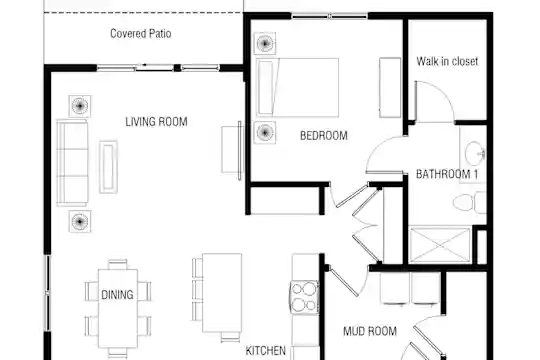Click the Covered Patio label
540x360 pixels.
click(x=141, y=33)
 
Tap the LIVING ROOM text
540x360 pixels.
click(x=156, y=122)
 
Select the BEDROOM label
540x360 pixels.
click(x=324, y=136)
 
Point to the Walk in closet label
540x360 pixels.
click(x=447, y=61)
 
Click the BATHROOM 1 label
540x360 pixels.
click(x=447, y=174)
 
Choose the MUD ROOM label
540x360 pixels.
click(x=370, y=331)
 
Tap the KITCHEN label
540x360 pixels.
click(x=266, y=351)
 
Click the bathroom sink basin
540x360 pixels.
click(x=475, y=153)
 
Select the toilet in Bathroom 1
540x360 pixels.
click(x=469, y=203)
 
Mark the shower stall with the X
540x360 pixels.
click(x=440, y=245)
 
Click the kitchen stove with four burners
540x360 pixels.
click(x=304, y=297)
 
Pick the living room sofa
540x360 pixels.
click(x=72, y=163)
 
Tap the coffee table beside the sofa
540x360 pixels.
click(x=108, y=167)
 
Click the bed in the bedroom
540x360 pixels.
click(x=298, y=88)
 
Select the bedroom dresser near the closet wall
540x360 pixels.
click(x=390, y=88)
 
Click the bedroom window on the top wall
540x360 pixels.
click(x=330, y=16)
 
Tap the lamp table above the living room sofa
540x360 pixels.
click(x=80, y=106)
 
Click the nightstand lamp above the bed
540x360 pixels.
click(x=265, y=43)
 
